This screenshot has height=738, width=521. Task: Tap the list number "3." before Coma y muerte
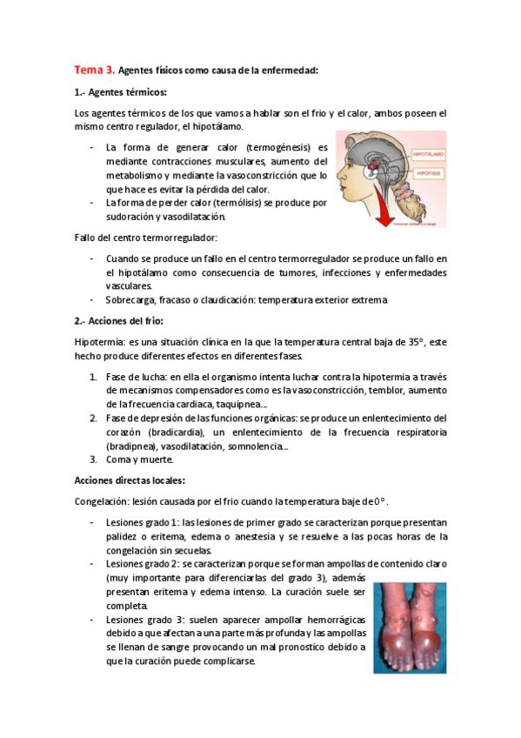pos(94,460)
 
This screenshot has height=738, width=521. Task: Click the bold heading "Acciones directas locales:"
pos(130,480)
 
